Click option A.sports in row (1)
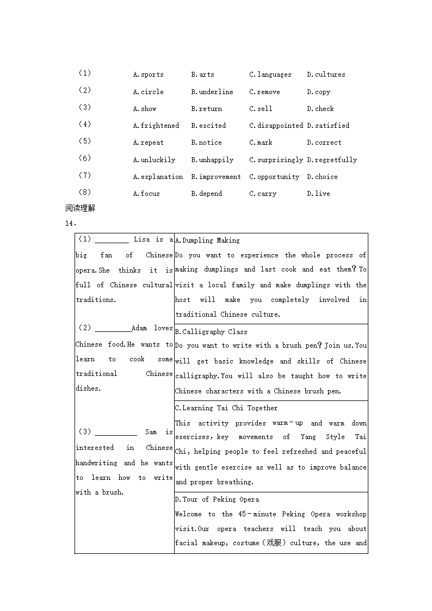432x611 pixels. pyautogui.click(x=148, y=75)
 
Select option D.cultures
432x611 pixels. pyautogui.click(x=326, y=75)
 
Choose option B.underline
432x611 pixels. pyautogui.click(x=212, y=92)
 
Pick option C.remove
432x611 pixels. pyautogui.click(x=264, y=92)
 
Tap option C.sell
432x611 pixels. pyautogui.click(x=261, y=109)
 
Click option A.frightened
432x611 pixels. pyautogui.click(x=156, y=126)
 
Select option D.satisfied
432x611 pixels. pyautogui.click(x=328, y=126)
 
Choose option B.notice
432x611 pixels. pyautogui.click(x=206, y=143)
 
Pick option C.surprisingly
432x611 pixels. pyautogui.click(x=276, y=160)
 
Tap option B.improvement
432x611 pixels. pyautogui.click(x=215, y=177)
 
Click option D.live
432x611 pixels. pyautogui.click(x=318, y=194)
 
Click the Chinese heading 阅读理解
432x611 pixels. pyautogui.click(x=80, y=208)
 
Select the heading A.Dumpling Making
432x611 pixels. pyautogui.click(x=207, y=240)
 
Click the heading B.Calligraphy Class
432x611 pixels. pyautogui.click(x=211, y=332)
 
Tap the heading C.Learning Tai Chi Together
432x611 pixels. pyautogui.click(x=226, y=408)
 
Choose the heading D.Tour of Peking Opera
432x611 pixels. pyautogui.click(x=217, y=499)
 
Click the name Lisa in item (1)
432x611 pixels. pyautogui.click(x=141, y=239)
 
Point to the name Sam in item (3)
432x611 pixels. pyautogui.click(x=151, y=432)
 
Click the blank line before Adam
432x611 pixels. pyautogui.click(x=113, y=329)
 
